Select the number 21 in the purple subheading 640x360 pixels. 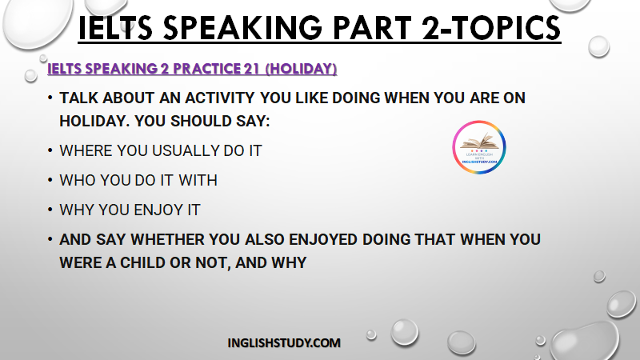tap(251, 69)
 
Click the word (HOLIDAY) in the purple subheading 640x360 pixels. tap(302, 69)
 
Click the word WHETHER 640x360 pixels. tap(168, 239)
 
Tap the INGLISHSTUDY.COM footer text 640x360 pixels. tap(284, 343)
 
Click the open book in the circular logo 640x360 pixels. tap(479, 142)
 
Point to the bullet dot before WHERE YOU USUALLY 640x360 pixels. tap(50, 150)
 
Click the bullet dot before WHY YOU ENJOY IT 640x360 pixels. tap(50, 210)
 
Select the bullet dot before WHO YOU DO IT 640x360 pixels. tap(50, 179)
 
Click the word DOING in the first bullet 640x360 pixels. tap(356, 98)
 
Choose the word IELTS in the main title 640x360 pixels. tap(115, 28)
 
